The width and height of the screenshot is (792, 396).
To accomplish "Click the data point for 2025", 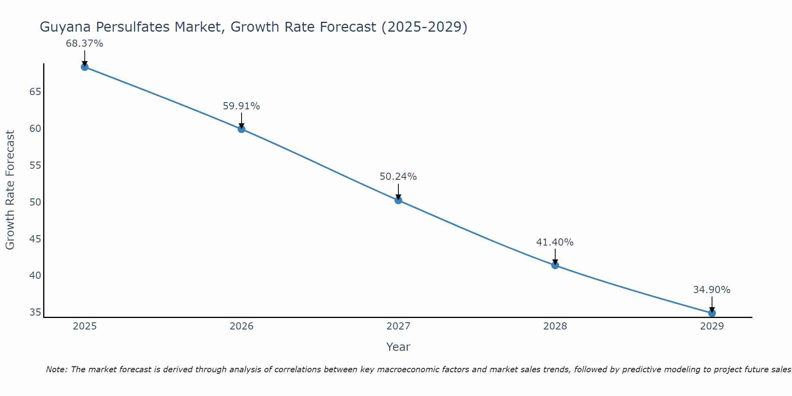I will click(x=85, y=67).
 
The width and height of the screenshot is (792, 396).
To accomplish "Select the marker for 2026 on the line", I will click(x=242, y=129).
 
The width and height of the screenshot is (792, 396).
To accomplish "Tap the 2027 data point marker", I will click(x=398, y=200).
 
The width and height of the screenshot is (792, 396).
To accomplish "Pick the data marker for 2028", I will click(x=555, y=265).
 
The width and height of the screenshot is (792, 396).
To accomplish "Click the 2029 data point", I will click(x=712, y=313).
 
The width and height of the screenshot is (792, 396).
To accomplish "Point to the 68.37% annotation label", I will click(x=84, y=44).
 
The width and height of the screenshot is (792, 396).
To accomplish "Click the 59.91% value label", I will click(x=241, y=106).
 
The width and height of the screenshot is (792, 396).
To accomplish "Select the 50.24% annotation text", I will click(x=398, y=177).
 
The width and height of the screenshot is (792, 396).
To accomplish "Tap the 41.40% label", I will click(x=555, y=242).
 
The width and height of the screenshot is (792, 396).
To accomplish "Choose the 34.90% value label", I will click(x=712, y=290).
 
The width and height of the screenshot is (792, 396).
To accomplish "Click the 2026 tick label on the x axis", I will click(x=242, y=326).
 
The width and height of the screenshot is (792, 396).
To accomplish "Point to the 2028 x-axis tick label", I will click(x=555, y=326).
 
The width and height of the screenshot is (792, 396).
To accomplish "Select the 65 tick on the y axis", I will click(x=35, y=92).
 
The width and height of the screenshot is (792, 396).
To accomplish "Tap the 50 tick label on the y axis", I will click(x=35, y=202).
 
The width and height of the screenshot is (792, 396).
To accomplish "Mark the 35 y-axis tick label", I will click(x=35, y=312).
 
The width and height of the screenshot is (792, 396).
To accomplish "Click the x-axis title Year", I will click(x=398, y=347).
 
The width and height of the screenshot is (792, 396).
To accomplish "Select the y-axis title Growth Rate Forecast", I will click(x=10, y=190).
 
